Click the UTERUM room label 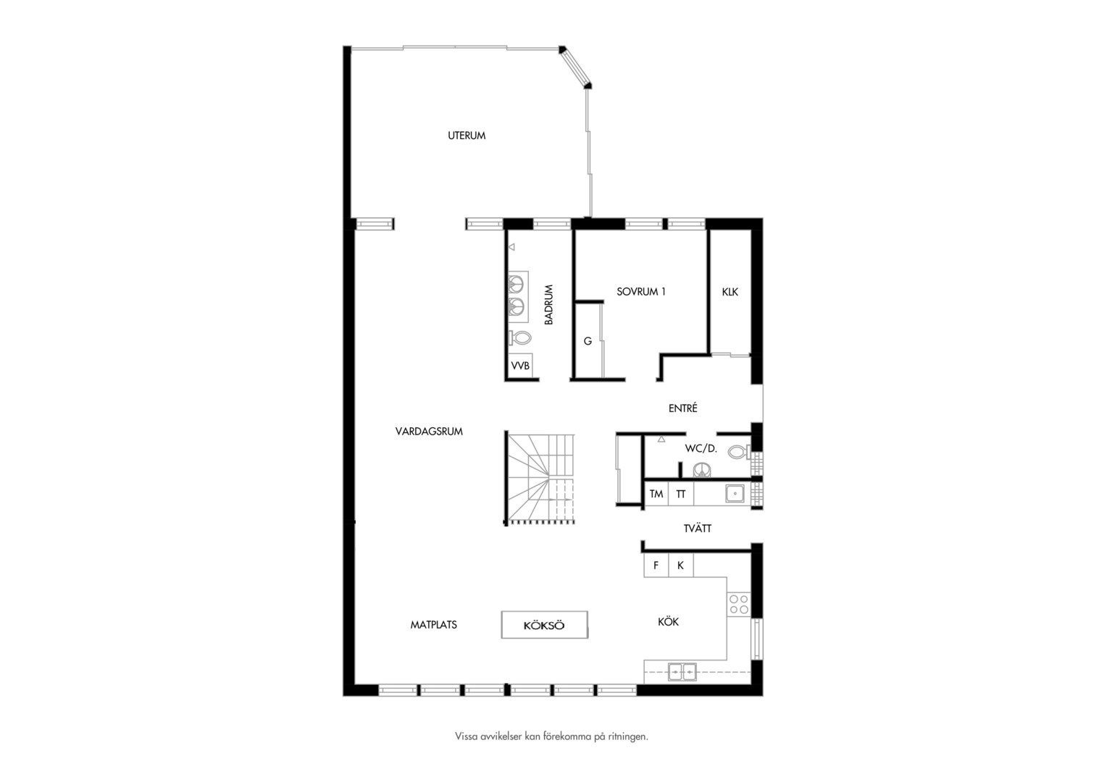coord(467,135)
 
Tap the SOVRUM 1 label coord(641,292)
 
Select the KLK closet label coord(730,292)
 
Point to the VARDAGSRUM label coord(429,432)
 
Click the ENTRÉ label coord(683,408)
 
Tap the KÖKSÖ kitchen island coord(545,625)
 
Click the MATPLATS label coord(433,625)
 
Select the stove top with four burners coord(739,604)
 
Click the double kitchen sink coord(682,672)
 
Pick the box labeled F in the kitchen coord(656,565)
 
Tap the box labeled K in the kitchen coord(680,565)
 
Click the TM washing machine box coord(656,494)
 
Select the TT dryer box coord(681,494)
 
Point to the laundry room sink coord(735,494)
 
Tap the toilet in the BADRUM coord(520,338)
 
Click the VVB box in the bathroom coord(520,366)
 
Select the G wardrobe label coord(588,341)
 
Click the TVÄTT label coord(698,529)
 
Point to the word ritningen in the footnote coord(627,736)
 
